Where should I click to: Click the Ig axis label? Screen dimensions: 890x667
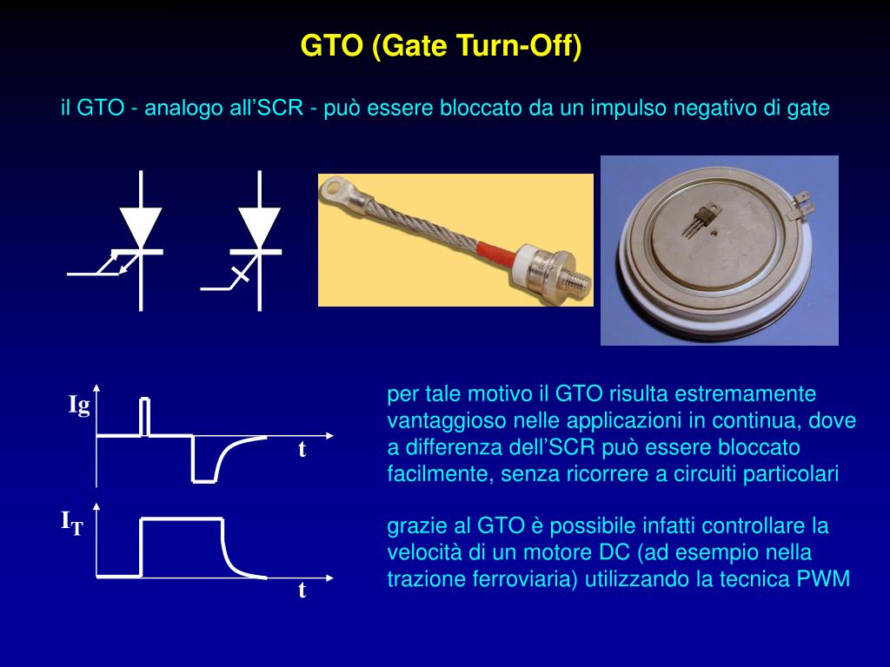[79, 405]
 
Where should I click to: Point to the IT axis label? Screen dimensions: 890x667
[72, 522]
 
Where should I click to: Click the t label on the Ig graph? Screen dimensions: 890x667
[302, 449]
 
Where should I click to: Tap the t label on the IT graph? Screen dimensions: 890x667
[302, 591]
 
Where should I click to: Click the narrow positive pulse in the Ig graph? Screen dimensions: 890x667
[145, 417]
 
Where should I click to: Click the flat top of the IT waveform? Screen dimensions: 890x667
[182, 518]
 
